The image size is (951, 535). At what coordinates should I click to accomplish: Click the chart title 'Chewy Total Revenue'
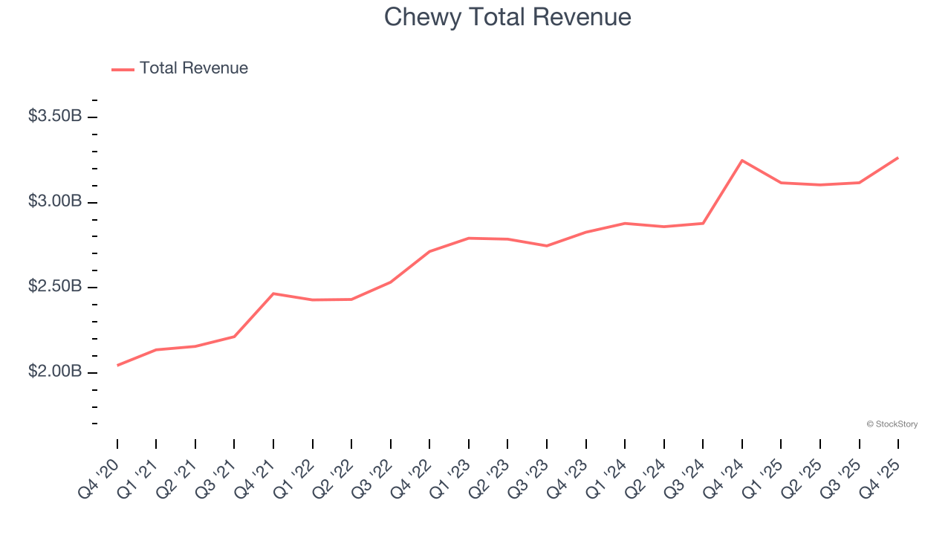click(x=507, y=17)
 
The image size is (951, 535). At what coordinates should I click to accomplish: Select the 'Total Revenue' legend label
click(x=193, y=68)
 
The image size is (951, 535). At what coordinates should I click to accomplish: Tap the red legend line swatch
click(x=123, y=69)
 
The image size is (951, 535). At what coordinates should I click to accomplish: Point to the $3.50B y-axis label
click(x=55, y=116)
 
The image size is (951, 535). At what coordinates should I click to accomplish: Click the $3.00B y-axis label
click(x=55, y=201)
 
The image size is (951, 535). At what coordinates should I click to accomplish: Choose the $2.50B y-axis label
click(x=55, y=286)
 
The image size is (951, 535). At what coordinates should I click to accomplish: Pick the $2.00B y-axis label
click(x=55, y=371)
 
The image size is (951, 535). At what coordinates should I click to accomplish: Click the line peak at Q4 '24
click(x=742, y=160)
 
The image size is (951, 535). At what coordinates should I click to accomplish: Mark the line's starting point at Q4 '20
click(x=117, y=366)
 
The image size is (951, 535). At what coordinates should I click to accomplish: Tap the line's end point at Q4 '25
click(x=898, y=158)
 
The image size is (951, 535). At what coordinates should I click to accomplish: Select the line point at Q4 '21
click(x=273, y=294)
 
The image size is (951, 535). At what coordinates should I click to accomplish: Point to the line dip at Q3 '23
click(x=547, y=246)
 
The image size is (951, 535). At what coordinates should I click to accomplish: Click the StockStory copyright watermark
click(x=892, y=424)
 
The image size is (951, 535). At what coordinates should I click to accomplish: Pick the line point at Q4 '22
click(x=429, y=251)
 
